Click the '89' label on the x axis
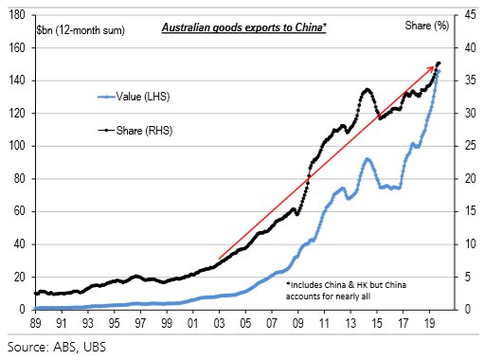[35, 322]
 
